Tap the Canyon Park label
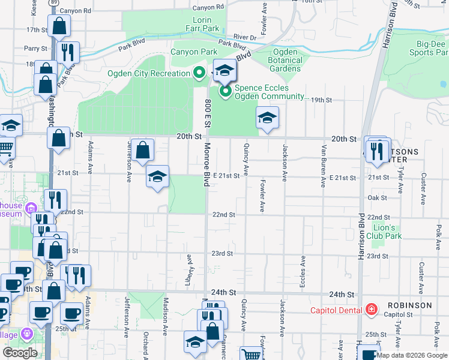193,52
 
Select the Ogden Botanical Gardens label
285,60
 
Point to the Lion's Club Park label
385,232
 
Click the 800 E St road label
207,113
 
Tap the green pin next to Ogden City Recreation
200,74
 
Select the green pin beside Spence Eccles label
226,91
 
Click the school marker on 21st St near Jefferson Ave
158,177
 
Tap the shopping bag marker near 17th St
59,26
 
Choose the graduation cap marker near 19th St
267,117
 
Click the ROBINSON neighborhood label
409,305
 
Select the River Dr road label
245,37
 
